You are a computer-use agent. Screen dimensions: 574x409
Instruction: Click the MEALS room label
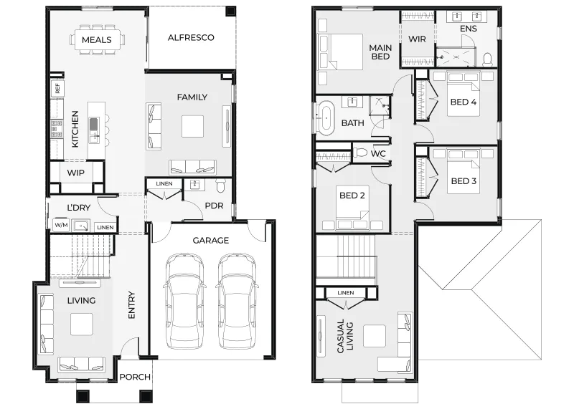point(97,40)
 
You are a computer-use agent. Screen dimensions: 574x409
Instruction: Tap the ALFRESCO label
point(191,37)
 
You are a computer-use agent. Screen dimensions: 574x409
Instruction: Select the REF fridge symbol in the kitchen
point(57,88)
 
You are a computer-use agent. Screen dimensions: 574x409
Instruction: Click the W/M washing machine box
point(61,225)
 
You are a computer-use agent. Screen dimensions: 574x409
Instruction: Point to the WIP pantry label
point(76,173)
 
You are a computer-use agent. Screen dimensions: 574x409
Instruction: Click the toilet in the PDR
point(221,186)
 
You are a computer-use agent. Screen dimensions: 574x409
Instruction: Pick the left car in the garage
point(184,300)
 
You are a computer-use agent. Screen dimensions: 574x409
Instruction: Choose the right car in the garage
point(237,300)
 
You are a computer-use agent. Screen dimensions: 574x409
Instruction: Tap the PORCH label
point(135,377)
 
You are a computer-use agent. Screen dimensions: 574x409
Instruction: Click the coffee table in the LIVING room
point(82,324)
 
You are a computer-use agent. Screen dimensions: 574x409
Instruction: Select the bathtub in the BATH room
point(326,118)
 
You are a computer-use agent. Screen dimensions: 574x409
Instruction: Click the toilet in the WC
point(361,153)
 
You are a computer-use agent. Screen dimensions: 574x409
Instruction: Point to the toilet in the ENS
point(488,59)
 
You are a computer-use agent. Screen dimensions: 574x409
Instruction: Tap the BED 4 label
point(464,102)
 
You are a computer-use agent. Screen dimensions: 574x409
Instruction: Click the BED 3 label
point(464,181)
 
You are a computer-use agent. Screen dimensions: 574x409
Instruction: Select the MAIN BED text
point(380,52)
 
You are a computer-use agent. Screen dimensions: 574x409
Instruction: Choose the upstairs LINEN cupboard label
point(346,293)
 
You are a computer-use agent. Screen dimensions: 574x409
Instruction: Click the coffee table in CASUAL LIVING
point(375,336)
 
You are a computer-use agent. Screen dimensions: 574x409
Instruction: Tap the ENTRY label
point(132,305)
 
